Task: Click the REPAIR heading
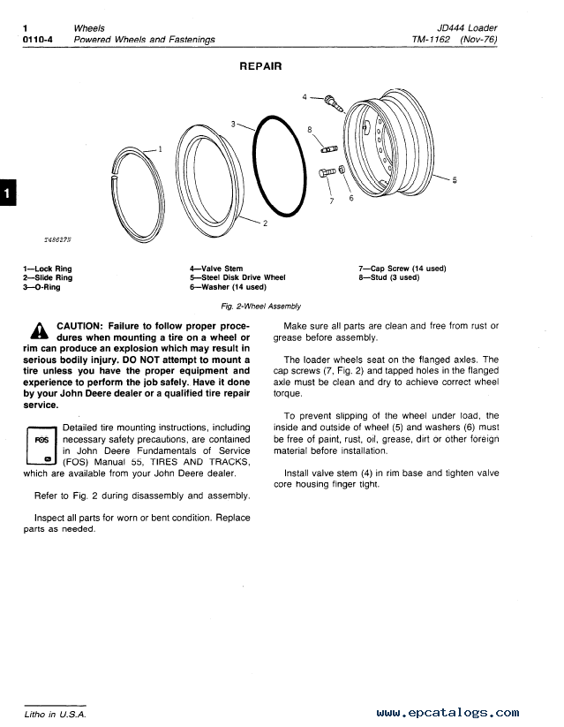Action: tap(260, 65)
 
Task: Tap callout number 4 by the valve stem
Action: tap(305, 95)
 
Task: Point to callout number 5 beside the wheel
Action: tap(455, 180)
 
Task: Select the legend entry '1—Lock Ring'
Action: tap(48, 269)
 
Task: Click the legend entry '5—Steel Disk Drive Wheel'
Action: tap(237, 277)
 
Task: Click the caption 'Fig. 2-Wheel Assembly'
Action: tap(260, 307)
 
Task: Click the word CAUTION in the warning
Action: tap(83, 326)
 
